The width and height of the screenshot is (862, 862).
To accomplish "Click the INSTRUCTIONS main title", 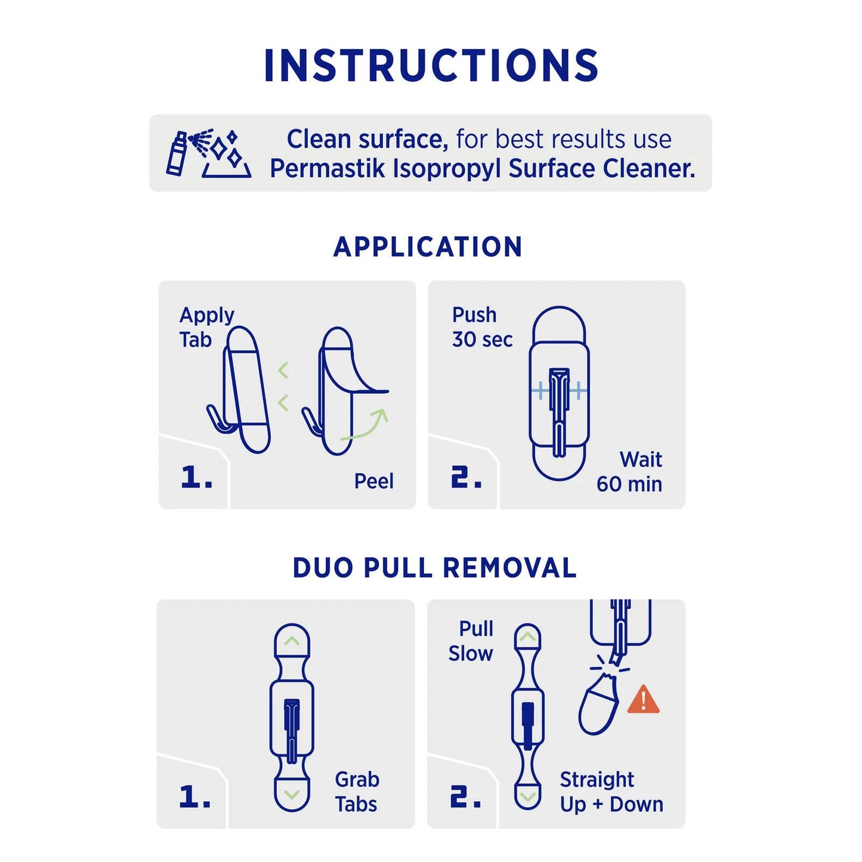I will tap(431, 66).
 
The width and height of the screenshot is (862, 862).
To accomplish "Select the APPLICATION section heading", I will tap(428, 247).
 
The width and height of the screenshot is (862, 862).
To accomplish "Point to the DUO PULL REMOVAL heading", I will tap(434, 568).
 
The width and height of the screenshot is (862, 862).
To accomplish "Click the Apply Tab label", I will tap(206, 327).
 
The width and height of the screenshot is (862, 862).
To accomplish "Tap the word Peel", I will tap(373, 481).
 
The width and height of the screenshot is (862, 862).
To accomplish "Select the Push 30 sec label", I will tap(481, 327).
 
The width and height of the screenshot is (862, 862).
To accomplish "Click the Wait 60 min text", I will tap(630, 472).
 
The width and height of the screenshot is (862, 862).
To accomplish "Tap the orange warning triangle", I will tap(643, 700).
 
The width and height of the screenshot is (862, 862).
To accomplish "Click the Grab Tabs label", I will tap(356, 792).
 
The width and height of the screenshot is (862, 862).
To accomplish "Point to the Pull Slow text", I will tap(471, 641).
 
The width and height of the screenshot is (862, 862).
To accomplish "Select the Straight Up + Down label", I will tap(611, 792).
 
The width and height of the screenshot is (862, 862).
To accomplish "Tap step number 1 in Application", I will tap(196, 477).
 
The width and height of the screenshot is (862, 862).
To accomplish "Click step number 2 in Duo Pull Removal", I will tap(465, 797).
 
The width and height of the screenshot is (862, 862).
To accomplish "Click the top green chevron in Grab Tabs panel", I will tap(292, 641).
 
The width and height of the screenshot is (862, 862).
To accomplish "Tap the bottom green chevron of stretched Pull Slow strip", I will tap(527, 796).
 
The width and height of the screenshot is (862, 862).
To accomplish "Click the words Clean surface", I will tap(367, 140).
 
